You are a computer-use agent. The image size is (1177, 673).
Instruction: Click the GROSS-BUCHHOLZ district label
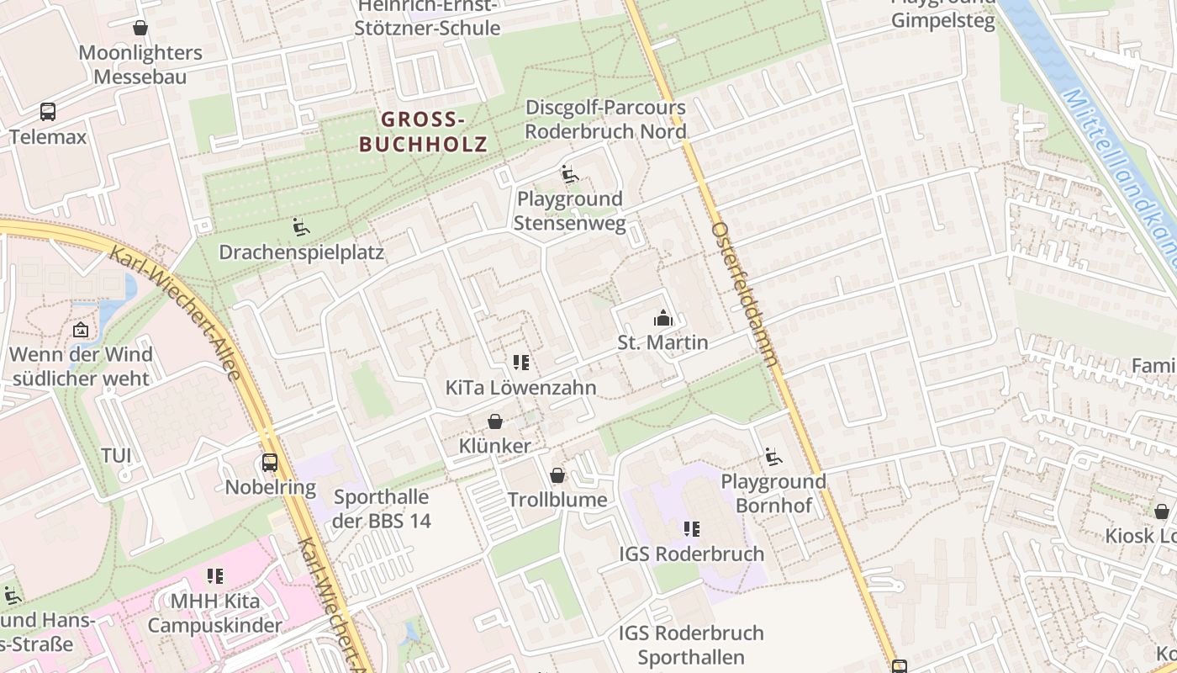(x=423, y=131)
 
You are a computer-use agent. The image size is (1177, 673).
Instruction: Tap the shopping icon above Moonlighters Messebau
(x=140, y=28)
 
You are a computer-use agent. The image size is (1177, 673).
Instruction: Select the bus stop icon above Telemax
(x=48, y=111)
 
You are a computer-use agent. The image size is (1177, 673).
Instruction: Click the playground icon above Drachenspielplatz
(x=300, y=226)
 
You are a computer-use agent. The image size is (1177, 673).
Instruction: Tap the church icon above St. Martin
(x=663, y=318)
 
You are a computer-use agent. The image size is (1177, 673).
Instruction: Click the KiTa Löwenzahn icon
(x=521, y=363)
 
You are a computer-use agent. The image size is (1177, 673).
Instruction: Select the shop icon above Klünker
(x=495, y=421)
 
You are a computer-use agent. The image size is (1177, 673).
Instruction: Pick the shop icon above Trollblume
(x=557, y=475)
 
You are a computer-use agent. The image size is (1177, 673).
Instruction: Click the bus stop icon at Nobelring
(x=269, y=462)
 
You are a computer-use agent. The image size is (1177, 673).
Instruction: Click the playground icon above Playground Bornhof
(x=773, y=457)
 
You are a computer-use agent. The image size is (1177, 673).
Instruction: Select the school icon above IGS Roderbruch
(x=691, y=529)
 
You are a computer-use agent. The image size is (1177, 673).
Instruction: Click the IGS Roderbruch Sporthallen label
(x=691, y=644)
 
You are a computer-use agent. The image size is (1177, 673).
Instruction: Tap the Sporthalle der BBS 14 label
(x=381, y=509)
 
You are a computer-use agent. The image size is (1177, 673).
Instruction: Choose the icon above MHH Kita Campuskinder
(x=215, y=576)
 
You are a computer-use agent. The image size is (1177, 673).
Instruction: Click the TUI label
(x=116, y=455)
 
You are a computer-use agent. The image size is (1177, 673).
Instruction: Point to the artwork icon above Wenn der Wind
(x=81, y=330)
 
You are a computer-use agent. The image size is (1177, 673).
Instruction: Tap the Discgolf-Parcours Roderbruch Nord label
(x=605, y=119)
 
